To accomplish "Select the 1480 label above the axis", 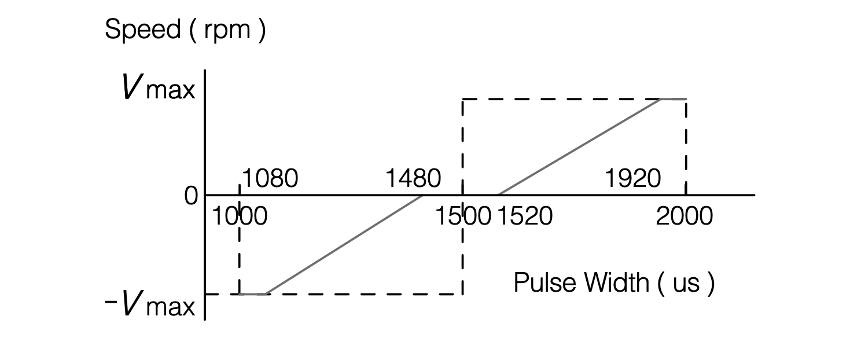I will (x=413, y=179).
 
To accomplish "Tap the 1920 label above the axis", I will (x=632, y=179).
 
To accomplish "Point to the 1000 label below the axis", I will (x=239, y=216).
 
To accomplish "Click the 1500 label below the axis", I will (x=463, y=216).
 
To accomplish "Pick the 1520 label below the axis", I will (x=525, y=216).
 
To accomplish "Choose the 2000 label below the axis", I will (x=685, y=216).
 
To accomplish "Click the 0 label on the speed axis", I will (x=191, y=197).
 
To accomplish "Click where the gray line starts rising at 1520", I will (x=498, y=195).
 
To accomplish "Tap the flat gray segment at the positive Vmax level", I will (x=674, y=99).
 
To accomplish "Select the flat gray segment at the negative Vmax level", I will (x=253, y=294).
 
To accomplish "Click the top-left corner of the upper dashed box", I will (x=462, y=100).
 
